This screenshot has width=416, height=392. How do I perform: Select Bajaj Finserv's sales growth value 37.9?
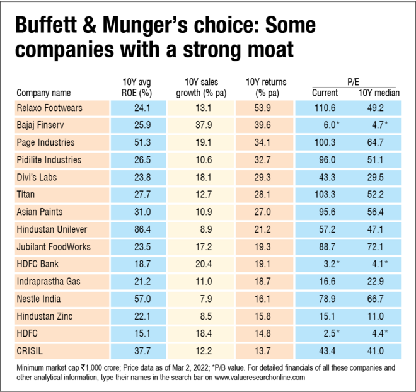coord(201,125)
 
